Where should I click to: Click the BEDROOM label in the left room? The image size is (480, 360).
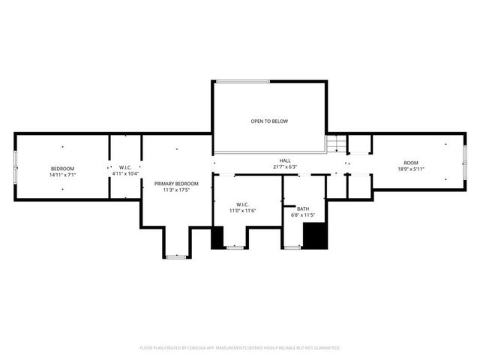(63, 168)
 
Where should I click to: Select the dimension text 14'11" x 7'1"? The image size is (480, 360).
(63, 175)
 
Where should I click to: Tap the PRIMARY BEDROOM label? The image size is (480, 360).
(176, 184)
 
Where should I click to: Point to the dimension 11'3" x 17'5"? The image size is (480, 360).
(176, 190)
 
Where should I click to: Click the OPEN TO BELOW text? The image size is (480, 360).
(269, 121)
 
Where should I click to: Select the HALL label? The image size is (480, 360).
(285, 160)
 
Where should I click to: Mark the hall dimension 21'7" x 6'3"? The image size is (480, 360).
(285, 166)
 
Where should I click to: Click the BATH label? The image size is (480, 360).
(302, 208)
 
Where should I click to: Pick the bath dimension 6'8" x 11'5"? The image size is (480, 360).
(302, 215)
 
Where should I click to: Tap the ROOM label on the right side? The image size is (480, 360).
(411, 163)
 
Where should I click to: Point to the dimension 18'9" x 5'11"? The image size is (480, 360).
(411, 169)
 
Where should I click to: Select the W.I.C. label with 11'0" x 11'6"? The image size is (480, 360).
(242, 205)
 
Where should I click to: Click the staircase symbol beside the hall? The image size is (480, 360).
(337, 143)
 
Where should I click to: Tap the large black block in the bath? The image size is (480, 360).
(316, 235)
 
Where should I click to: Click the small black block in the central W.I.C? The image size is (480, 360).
(217, 238)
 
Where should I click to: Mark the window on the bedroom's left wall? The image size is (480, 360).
(15, 166)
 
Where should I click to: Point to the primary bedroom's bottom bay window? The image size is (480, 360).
(176, 256)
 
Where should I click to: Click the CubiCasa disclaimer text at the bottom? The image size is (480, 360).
(240, 348)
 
